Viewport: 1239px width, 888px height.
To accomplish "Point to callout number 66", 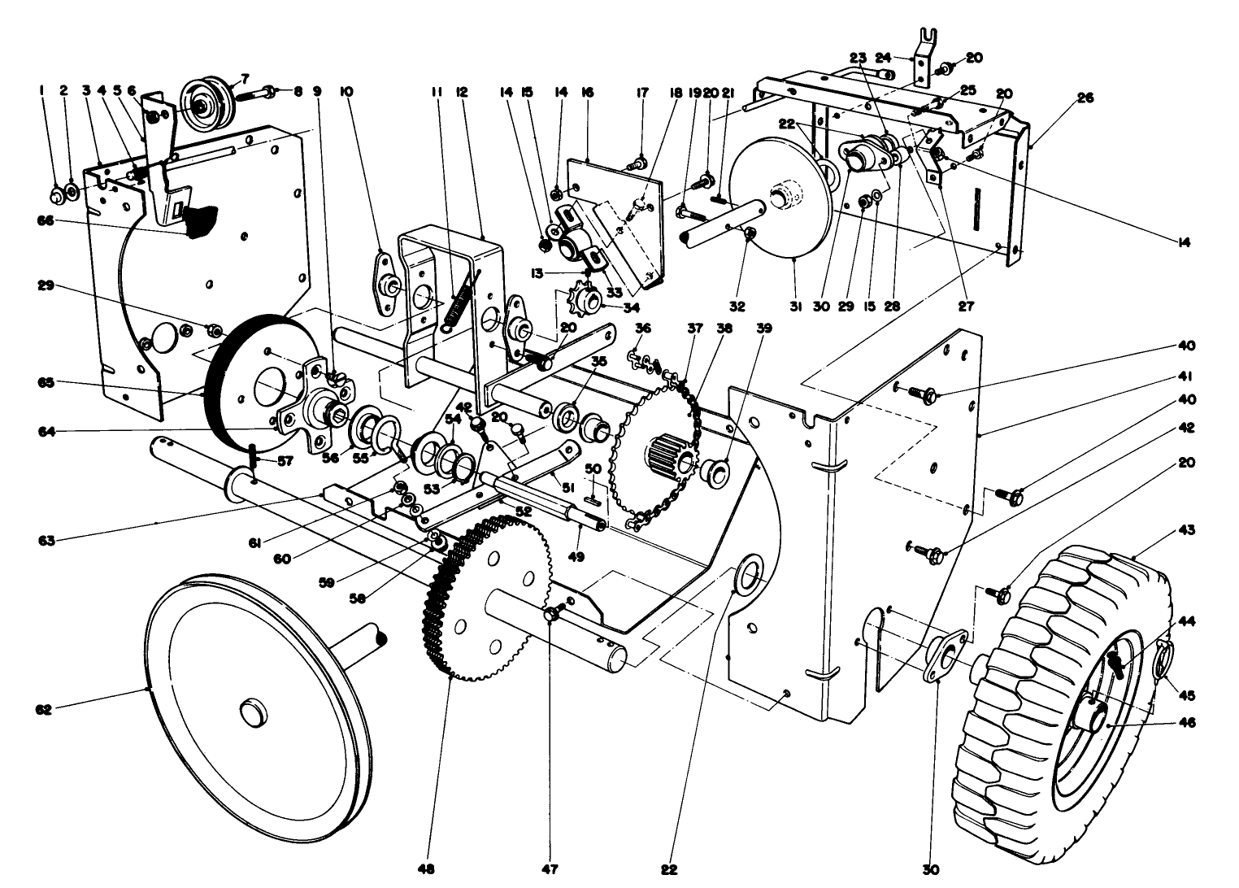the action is tap(44, 220).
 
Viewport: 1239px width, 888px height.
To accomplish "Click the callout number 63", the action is tap(46, 540).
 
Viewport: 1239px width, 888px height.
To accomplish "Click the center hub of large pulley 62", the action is tap(252, 712).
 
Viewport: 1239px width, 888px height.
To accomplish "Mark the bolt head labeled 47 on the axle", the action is tap(551, 612).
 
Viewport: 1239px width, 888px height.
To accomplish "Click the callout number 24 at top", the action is tap(884, 58).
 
